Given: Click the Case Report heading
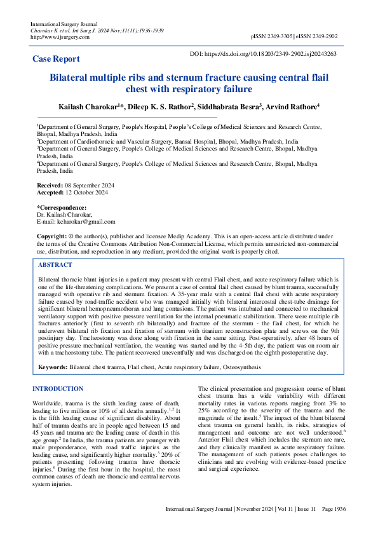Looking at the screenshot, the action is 57,59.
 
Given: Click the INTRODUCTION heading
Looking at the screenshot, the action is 58,388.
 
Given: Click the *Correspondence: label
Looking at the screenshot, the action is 62,207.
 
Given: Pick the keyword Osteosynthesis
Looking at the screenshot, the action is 238,367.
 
